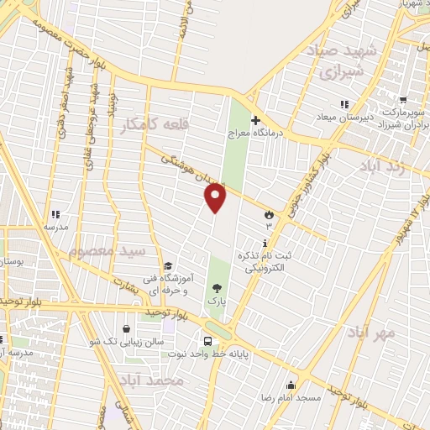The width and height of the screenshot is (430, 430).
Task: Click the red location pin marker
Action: pyautogui.click(x=216, y=197)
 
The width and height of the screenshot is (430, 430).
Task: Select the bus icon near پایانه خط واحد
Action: pyautogui.click(x=207, y=341)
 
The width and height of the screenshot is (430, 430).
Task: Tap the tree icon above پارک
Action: pyautogui.click(x=217, y=287)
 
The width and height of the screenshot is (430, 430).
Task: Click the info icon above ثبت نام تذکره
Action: pyautogui.click(x=265, y=244)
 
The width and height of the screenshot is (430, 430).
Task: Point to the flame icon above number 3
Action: pyautogui.click(x=269, y=213)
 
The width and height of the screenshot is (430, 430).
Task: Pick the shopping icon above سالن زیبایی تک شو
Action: pyautogui.click(x=126, y=328)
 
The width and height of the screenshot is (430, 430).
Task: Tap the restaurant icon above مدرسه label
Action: pyautogui.click(x=55, y=214)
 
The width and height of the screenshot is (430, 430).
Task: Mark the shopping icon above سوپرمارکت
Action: pyautogui.click(x=403, y=99)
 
